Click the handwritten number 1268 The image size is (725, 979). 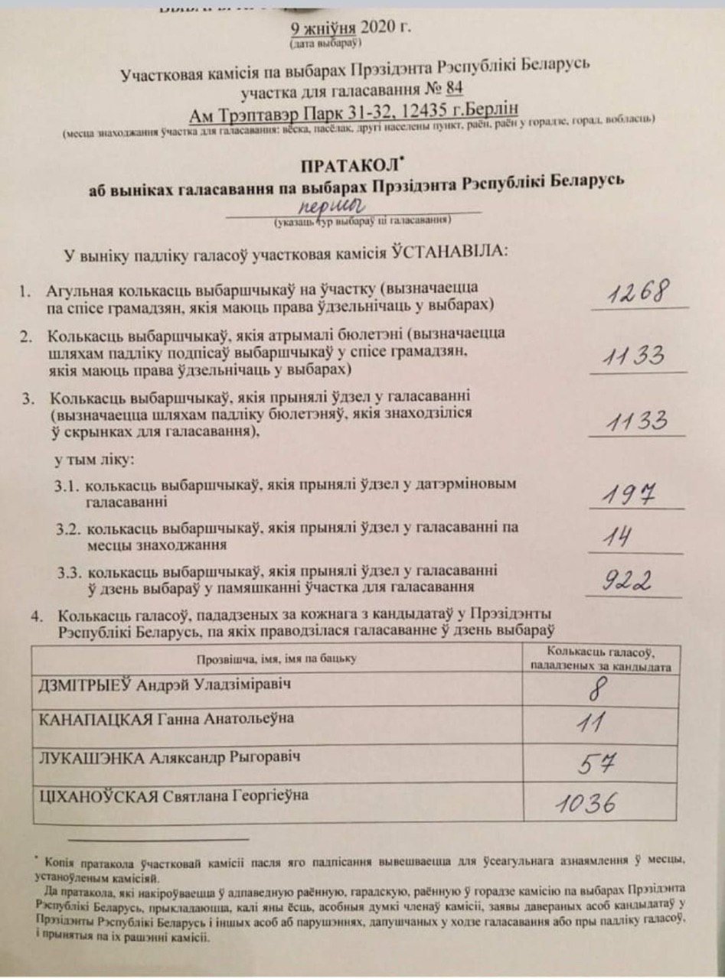pos(640,293)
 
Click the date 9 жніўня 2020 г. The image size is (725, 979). pos(351,29)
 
